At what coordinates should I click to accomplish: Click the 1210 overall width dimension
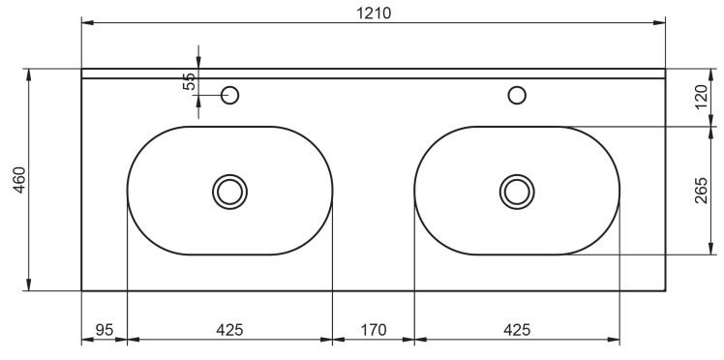374,13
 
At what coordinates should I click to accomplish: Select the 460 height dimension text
20,180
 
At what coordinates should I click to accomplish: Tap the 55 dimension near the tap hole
189,81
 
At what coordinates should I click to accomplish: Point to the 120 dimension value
701,97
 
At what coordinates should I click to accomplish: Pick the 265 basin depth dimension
701,190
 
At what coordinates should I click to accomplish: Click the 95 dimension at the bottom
105,330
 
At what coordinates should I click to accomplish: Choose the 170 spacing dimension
373,330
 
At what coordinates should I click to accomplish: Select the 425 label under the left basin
229,330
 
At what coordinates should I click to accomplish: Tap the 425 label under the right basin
517,330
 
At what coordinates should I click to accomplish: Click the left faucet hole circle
230,87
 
